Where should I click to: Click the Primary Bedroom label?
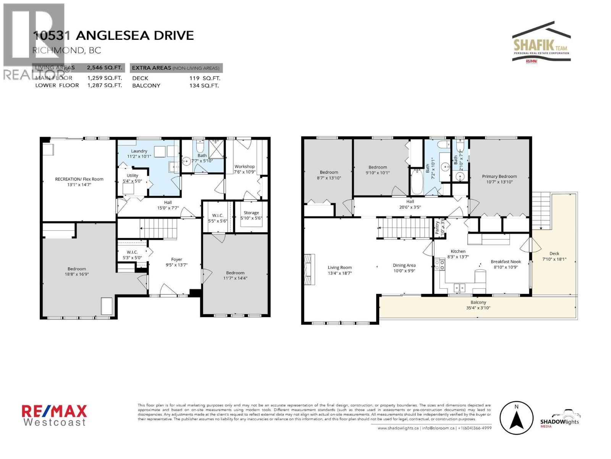point(499,176)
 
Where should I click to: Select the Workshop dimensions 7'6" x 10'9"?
point(244,172)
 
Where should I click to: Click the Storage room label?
point(251,213)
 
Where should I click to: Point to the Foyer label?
point(176,259)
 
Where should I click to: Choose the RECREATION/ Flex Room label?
point(79,179)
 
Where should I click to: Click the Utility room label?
point(133,175)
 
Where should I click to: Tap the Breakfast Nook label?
point(506,262)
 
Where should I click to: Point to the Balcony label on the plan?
point(478,302)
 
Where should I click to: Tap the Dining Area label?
point(404,265)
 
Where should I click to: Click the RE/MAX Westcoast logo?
point(54,415)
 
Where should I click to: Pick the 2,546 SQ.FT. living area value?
point(104,68)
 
